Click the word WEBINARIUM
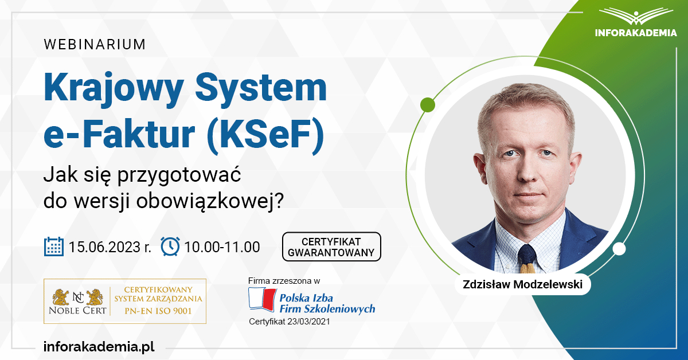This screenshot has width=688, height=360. tap(95, 44)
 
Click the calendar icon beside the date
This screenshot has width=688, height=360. tap(54, 246)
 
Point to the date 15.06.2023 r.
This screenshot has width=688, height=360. tap(110, 247)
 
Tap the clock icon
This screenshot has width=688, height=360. tap(170, 246)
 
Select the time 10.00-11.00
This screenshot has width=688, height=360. tap(222, 247)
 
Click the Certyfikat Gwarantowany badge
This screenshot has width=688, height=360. tap(331, 247)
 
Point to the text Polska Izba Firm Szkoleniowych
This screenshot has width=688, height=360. tap(326, 303)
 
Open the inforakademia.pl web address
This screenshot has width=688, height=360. tap(99, 346)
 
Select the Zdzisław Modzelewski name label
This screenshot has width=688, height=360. tap(522, 284)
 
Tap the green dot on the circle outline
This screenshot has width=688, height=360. tap(427, 105)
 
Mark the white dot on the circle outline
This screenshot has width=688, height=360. tap(619, 249)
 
